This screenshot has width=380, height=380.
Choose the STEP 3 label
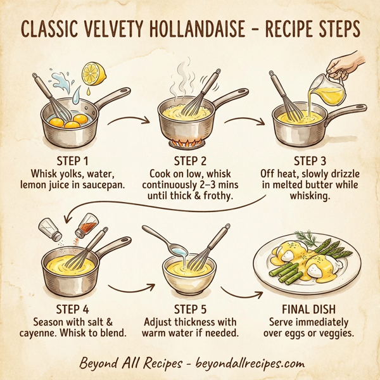click(x=312, y=160)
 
